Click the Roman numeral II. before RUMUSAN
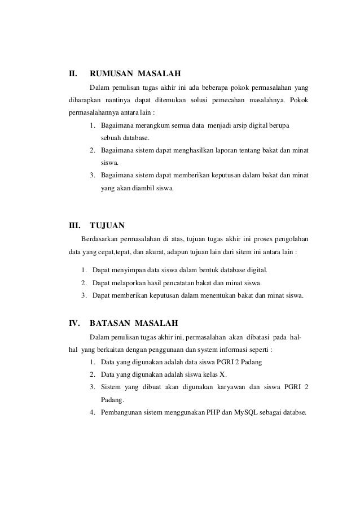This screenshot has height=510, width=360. pyautogui.click(x=72, y=73)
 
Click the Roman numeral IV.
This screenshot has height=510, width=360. pyautogui.click(x=73, y=324)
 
